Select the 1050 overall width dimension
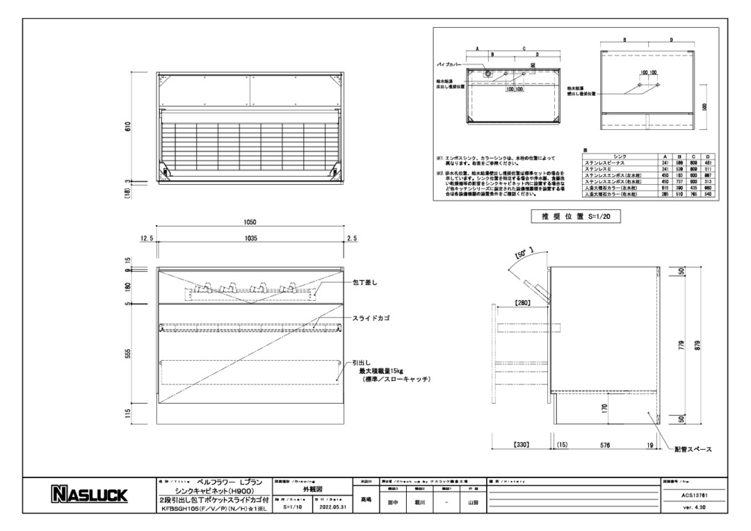(250, 223)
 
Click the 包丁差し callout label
(366, 282)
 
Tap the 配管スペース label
(693, 450)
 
